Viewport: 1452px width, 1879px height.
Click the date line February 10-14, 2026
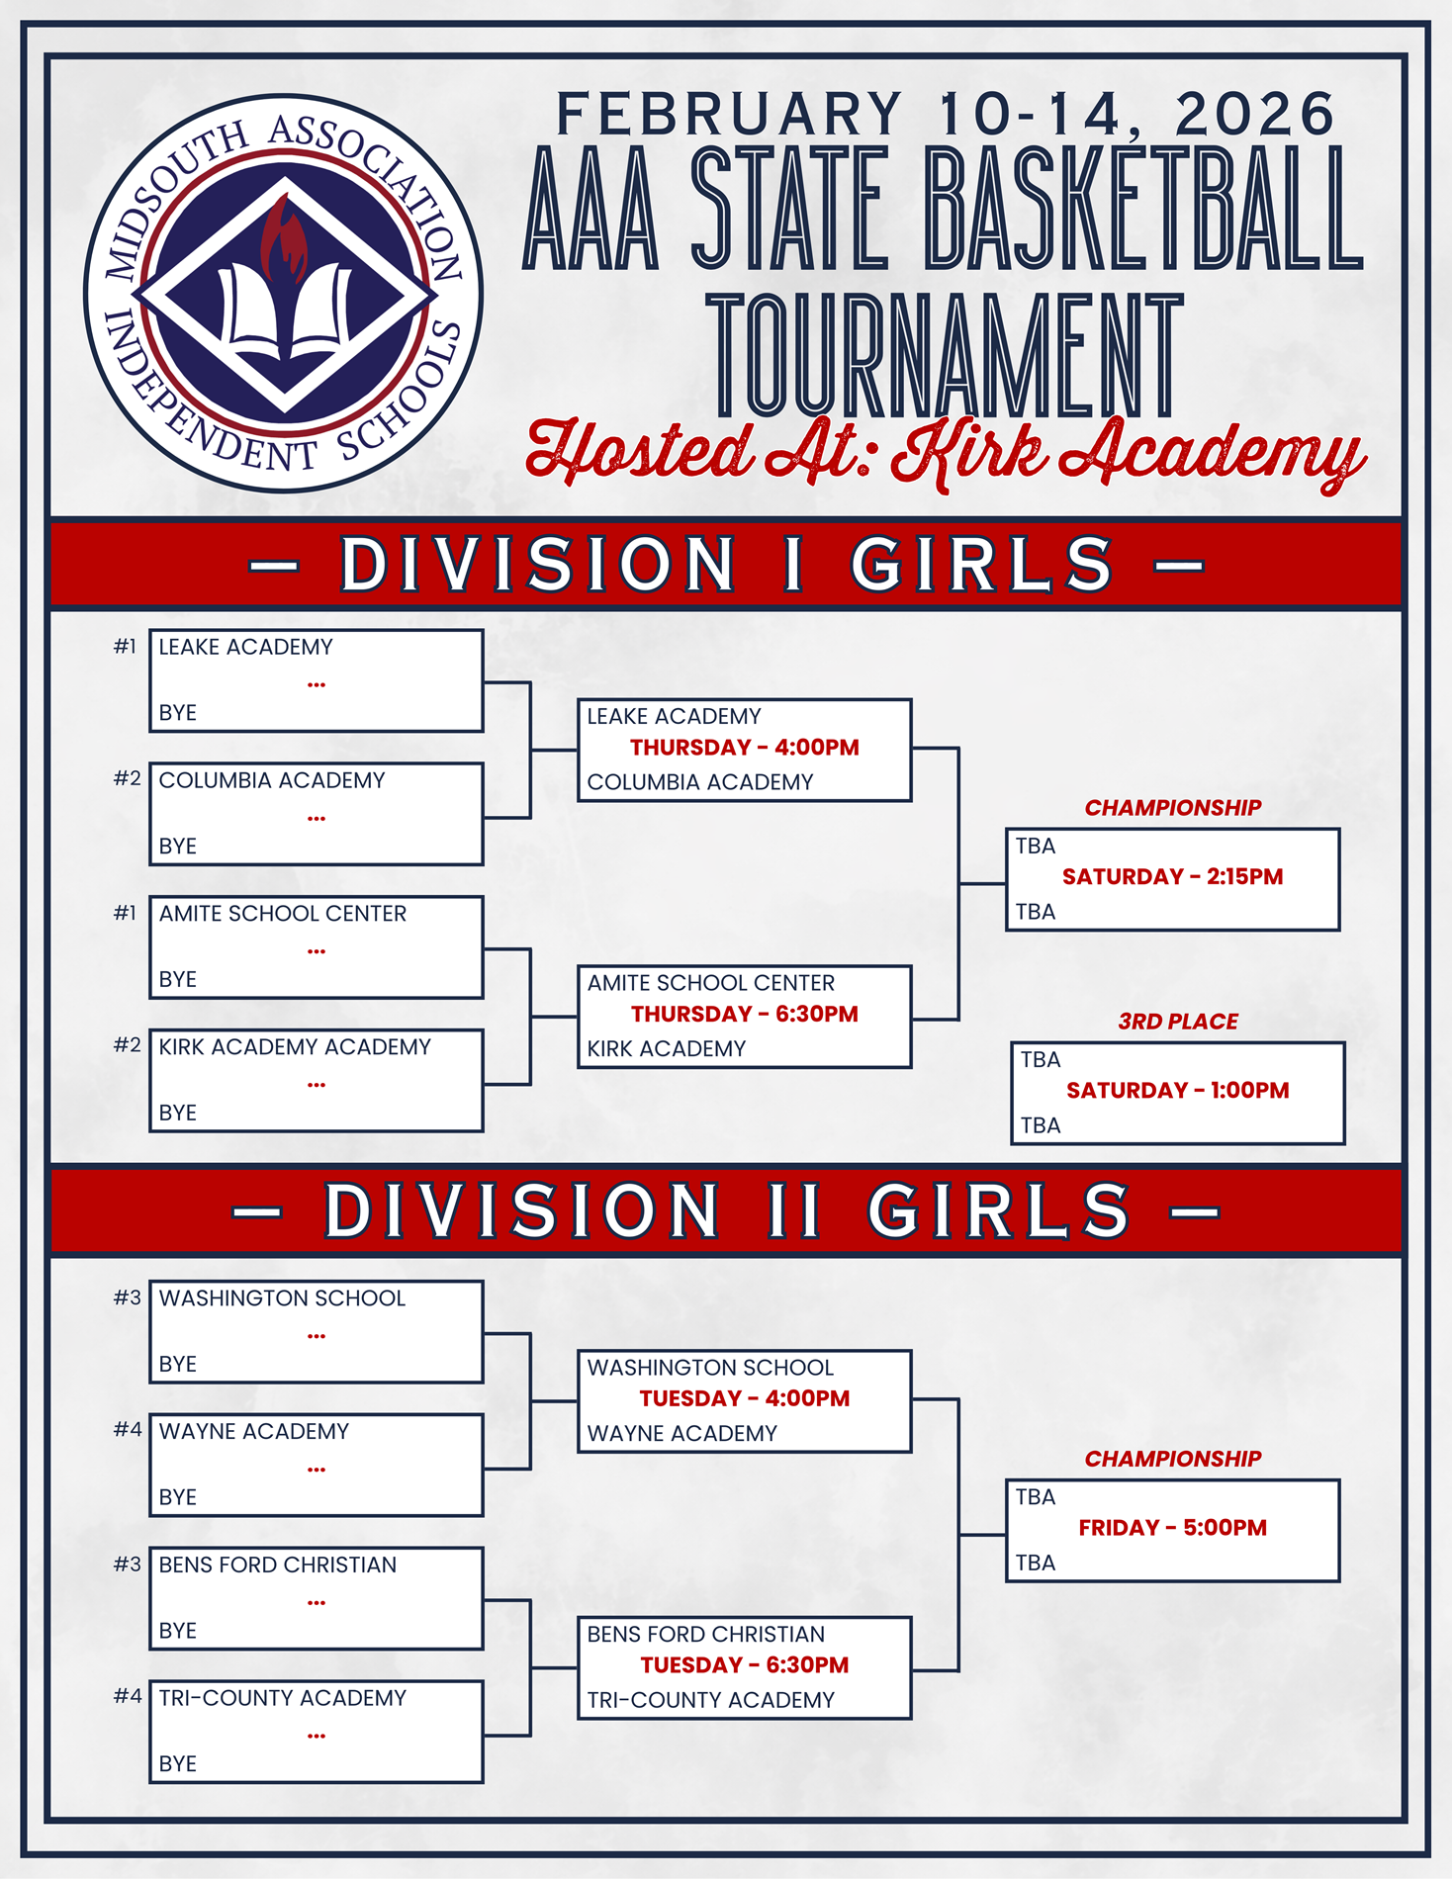(946, 114)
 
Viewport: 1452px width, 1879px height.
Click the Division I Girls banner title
(727, 565)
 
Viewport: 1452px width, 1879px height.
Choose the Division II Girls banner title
(727, 1210)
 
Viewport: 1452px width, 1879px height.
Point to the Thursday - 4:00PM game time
(745, 748)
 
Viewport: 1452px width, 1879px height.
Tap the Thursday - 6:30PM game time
(745, 1015)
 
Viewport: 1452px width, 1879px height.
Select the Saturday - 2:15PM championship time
(1172, 877)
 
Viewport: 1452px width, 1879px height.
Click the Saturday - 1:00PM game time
(1177, 1091)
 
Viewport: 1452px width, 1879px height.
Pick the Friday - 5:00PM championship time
(1172, 1528)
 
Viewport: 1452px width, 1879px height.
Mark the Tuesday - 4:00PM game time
(745, 1398)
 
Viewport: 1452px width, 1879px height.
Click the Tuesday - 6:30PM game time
(745, 1665)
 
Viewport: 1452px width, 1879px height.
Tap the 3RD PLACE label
(1178, 1022)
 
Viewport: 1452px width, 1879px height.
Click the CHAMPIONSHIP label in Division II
(1173, 1459)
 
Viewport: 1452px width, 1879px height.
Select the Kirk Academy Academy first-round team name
(295, 1047)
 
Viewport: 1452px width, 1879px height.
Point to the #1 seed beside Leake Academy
(125, 647)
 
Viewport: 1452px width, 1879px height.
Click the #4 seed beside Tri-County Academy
(128, 1697)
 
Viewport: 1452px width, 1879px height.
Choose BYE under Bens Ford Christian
(178, 1631)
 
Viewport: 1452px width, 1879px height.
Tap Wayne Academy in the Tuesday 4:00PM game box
(682, 1434)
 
